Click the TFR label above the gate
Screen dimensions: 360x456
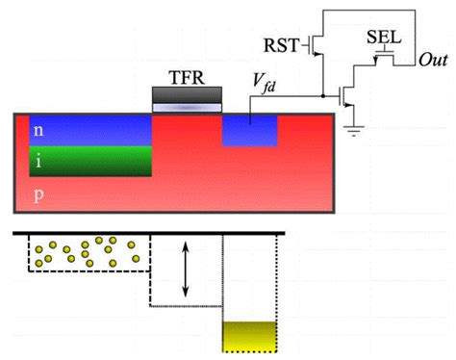point(189,75)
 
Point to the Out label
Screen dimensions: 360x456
point(434,60)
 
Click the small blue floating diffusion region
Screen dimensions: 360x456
point(250,131)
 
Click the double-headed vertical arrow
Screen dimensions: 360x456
point(186,269)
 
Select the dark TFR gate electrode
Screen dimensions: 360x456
point(189,94)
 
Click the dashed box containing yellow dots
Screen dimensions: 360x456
point(87,252)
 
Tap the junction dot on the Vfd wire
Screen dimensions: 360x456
point(320,95)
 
